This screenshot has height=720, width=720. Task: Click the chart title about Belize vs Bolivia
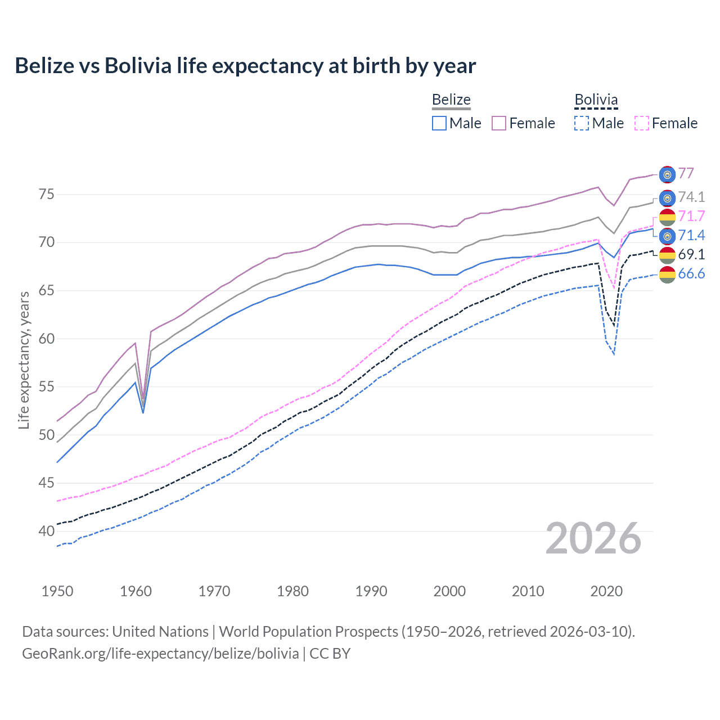click(x=245, y=66)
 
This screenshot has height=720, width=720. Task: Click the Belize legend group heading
click(x=451, y=100)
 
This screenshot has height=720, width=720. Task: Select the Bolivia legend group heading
click(x=596, y=100)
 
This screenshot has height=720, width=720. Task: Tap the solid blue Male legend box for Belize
click(x=439, y=123)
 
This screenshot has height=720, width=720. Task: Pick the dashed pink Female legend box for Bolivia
click(x=642, y=123)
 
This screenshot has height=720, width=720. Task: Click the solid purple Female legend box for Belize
click(x=499, y=123)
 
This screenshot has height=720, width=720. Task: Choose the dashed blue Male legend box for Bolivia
click(x=582, y=123)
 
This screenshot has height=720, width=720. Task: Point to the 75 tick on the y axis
click(x=47, y=195)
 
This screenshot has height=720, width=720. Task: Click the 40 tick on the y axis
click(x=47, y=531)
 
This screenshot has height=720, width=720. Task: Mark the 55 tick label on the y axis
click(x=47, y=387)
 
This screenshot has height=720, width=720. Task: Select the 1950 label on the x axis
click(x=57, y=591)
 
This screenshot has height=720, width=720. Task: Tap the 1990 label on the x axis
click(x=371, y=591)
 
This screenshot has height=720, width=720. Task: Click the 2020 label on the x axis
click(x=606, y=591)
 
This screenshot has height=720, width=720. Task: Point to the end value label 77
click(x=686, y=173)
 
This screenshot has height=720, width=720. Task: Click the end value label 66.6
click(x=691, y=274)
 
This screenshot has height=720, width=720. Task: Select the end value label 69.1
click(x=691, y=254)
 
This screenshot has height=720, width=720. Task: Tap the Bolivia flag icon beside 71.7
click(x=667, y=217)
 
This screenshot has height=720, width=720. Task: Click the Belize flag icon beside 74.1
click(x=667, y=198)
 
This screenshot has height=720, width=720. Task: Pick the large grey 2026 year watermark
click(x=593, y=538)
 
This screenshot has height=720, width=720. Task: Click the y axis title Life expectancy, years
click(x=24, y=360)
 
